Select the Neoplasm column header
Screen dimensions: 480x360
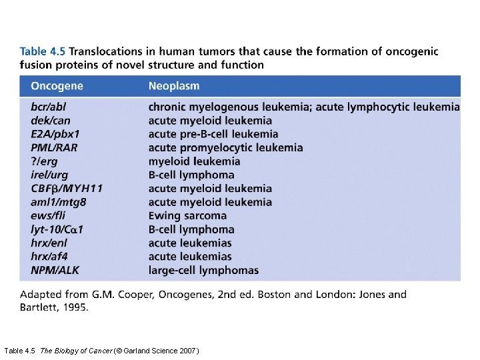point(173,86)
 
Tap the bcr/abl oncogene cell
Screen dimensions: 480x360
point(48,107)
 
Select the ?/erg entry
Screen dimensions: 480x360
point(45,161)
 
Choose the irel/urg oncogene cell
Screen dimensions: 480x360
point(49,175)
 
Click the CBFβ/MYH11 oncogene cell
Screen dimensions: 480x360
point(67,189)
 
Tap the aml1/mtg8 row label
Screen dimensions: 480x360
point(58,202)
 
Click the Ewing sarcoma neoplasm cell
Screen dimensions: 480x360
point(187,215)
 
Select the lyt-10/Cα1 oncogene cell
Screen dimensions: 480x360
point(57,229)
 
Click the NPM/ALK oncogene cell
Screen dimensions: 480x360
point(55,270)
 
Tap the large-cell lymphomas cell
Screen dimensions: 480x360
point(203,270)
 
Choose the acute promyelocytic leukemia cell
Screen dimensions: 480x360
point(225,147)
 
